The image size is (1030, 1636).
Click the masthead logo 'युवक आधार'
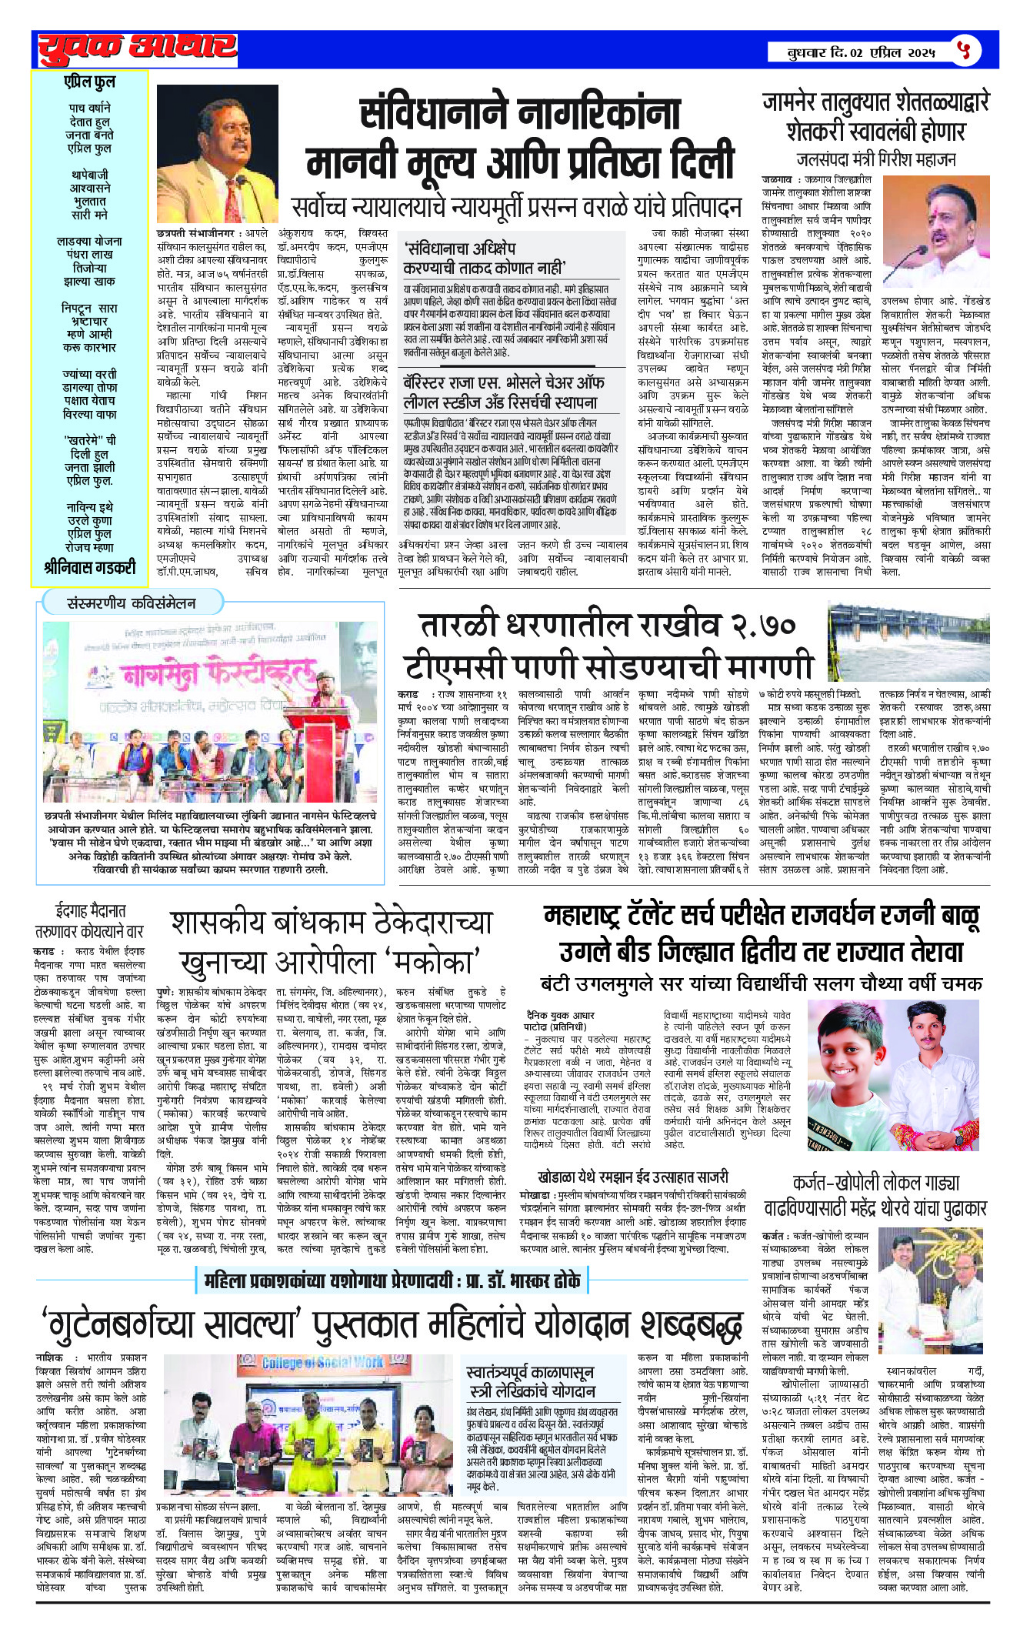point(137,48)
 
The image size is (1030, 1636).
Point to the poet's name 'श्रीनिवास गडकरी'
point(89,568)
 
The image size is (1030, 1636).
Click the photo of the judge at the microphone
point(217,154)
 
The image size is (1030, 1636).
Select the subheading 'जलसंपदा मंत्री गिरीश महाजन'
point(875,159)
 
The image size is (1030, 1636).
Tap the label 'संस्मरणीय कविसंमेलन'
point(132,603)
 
